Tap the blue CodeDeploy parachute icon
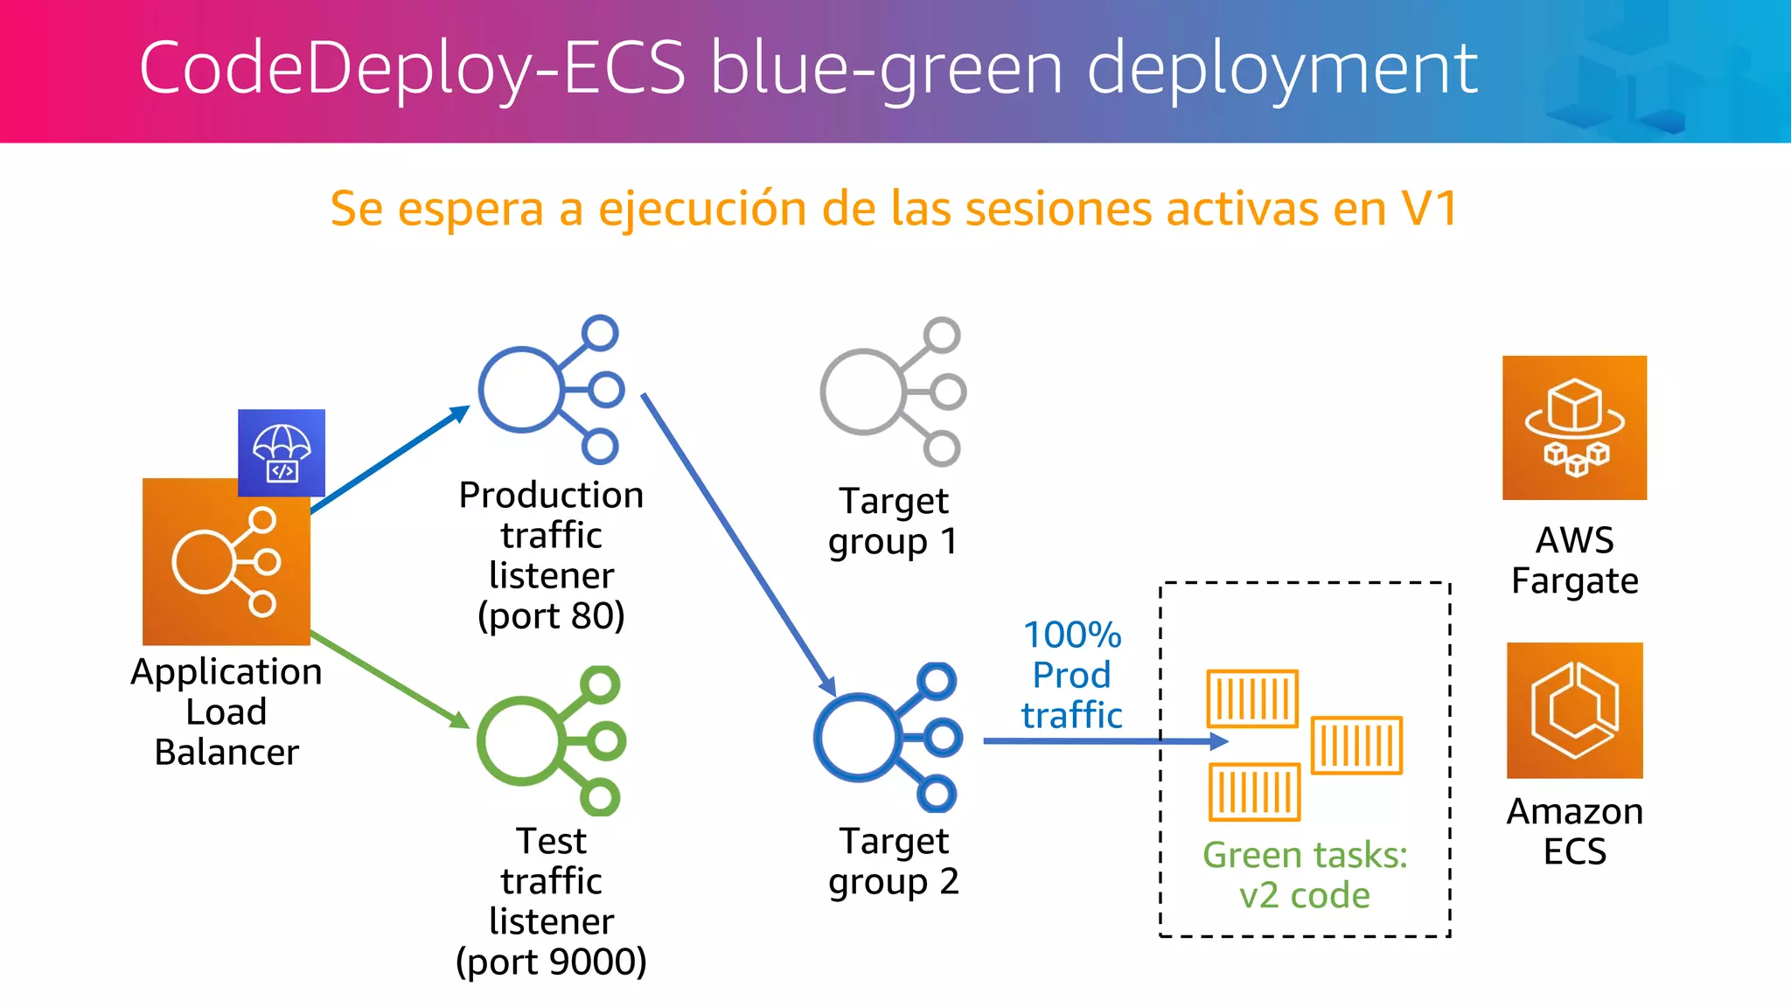[x=282, y=453]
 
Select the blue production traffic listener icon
[x=551, y=390]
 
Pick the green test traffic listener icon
[x=551, y=740]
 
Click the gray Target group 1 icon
[x=893, y=392]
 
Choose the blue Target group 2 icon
[x=889, y=737]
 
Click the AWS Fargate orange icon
[x=1574, y=427]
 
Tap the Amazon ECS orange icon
[x=1574, y=710]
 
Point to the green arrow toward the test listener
[x=389, y=679]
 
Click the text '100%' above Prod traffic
[x=1072, y=635]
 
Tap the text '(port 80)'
[x=551, y=616]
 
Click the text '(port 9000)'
[x=551, y=962]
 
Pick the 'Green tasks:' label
[x=1305, y=855]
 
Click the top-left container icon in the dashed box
[x=1252, y=698]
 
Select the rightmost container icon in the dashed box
[x=1356, y=745]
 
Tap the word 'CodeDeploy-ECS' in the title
[x=412, y=68]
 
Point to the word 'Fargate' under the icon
[x=1574, y=581]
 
